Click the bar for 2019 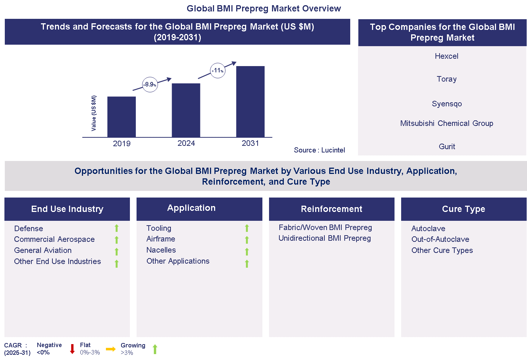[121, 117]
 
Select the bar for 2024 [186, 110]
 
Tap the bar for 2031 [250, 102]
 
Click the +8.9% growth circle [150, 85]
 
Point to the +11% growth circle [218, 71]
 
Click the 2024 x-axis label [186, 143]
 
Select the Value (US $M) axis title [94, 113]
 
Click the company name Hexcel [447, 56]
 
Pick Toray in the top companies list [447, 79]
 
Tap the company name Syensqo [447, 104]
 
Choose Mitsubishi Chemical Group [447, 123]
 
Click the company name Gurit [447, 147]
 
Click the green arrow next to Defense [117, 228]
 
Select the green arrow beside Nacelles [247, 251]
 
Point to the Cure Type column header [464, 209]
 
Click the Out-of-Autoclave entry [440, 239]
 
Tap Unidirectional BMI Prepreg [324, 238]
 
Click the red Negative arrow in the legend [72, 349]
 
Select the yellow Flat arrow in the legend [111, 349]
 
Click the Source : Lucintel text [319, 150]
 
